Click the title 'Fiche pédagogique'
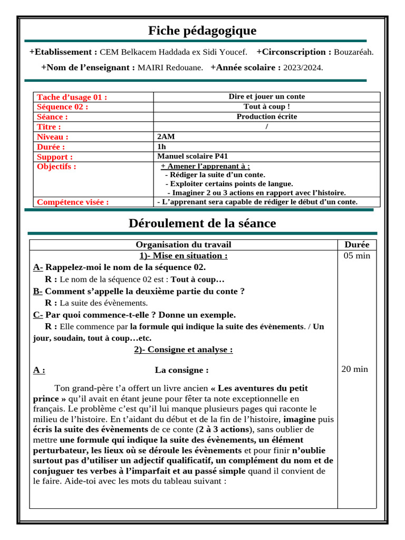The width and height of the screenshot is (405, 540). click(x=202, y=31)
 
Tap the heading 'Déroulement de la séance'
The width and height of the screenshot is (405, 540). click(x=202, y=223)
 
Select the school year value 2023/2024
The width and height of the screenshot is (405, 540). click(x=303, y=67)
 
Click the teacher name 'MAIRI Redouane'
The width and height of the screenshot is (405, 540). click(x=170, y=67)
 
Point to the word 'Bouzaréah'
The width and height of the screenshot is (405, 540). click(x=354, y=52)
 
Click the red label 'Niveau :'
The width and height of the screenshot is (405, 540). click(x=52, y=137)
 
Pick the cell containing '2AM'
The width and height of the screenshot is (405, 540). click(x=166, y=137)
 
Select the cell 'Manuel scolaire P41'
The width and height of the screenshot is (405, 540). click(x=192, y=157)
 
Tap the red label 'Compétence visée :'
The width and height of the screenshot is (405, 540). click(x=73, y=201)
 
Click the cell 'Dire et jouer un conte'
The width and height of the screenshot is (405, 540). click(x=266, y=97)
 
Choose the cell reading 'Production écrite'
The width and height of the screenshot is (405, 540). click(x=266, y=117)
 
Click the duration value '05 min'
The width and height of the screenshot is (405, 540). click(x=357, y=256)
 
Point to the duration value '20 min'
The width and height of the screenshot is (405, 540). click(x=355, y=369)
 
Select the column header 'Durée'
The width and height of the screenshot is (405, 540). click(x=357, y=245)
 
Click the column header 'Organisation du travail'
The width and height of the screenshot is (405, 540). click(x=184, y=245)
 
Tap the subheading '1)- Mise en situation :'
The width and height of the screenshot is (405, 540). click(x=184, y=256)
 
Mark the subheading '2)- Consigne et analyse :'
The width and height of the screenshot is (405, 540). click(x=184, y=350)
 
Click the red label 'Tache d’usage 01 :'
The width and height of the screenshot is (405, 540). click(x=72, y=97)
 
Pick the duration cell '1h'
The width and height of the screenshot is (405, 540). click(x=161, y=147)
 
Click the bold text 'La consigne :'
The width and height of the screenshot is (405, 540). click(x=182, y=370)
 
